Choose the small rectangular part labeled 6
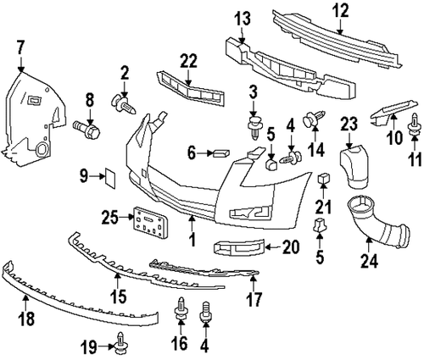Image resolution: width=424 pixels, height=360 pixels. tap(220, 152)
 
